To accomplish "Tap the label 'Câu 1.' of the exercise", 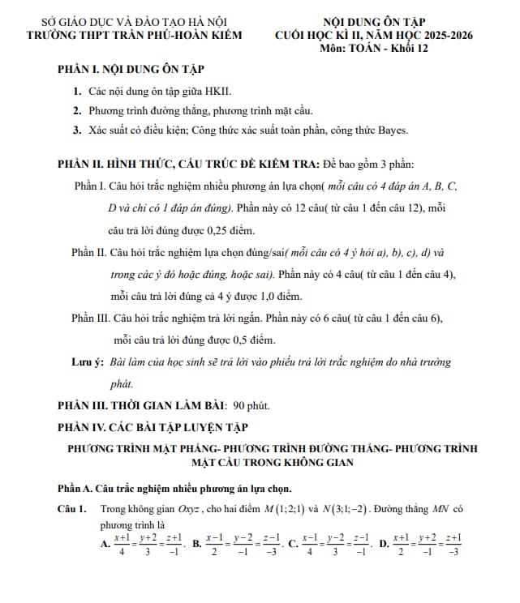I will point(72,510).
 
